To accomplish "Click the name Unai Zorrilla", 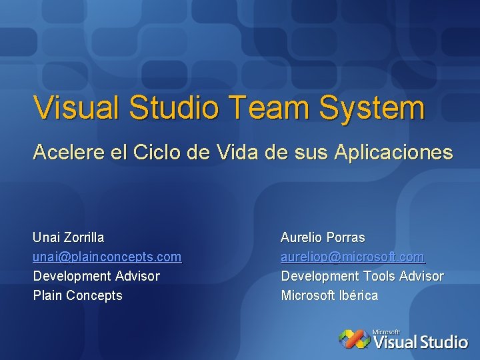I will click(69, 237).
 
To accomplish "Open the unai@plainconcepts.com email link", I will click(107, 257).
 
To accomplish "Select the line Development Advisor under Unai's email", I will click(97, 276).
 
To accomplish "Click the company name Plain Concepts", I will click(78, 295).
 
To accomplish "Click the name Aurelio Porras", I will click(323, 237).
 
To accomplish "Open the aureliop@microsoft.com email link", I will click(353, 257).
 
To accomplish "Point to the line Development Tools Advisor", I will click(362, 276).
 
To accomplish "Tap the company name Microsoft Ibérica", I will click(329, 295).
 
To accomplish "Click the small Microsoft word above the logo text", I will click(386, 331).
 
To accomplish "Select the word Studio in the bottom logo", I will click(442, 343).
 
